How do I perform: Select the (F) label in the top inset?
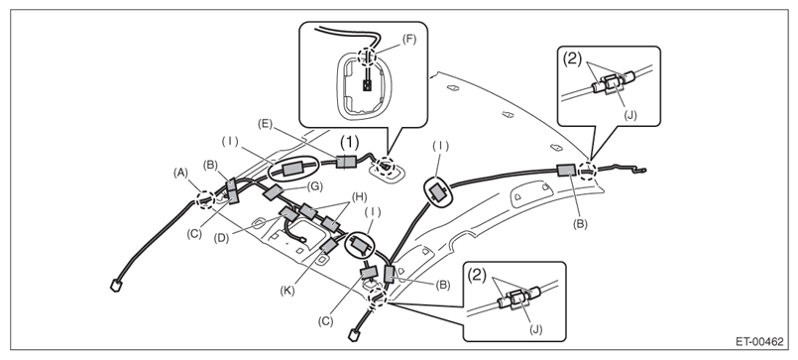click(408, 40)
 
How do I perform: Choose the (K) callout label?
click(286, 292)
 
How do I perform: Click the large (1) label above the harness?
click(349, 143)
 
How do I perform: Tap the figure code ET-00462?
click(758, 342)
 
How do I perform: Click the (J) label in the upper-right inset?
click(629, 115)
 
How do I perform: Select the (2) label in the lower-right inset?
click(478, 276)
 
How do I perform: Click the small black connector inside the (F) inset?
click(367, 84)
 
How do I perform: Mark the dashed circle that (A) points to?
click(206, 199)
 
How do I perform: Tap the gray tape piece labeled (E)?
click(346, 162)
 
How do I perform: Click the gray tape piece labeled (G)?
click(274, 192)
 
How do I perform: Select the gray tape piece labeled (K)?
click(329, 246)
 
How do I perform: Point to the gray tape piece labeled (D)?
click(288, 214)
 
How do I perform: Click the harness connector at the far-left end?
click(116, 286)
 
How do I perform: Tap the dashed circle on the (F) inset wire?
click(367, 58)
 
